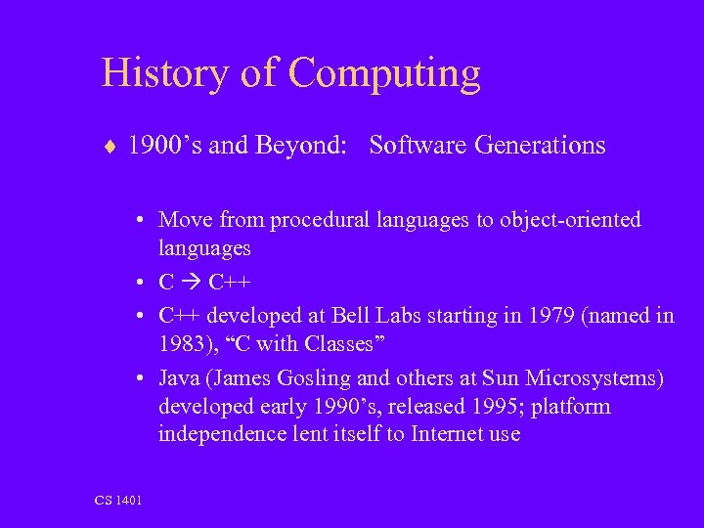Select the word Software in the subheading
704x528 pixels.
pos(418,146)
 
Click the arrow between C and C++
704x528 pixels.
pos(187,284)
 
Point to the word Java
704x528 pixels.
pos(179,377)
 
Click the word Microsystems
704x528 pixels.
pos(600,377)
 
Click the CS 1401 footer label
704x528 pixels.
pos(118,501)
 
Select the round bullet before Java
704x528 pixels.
pos(143,377)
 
